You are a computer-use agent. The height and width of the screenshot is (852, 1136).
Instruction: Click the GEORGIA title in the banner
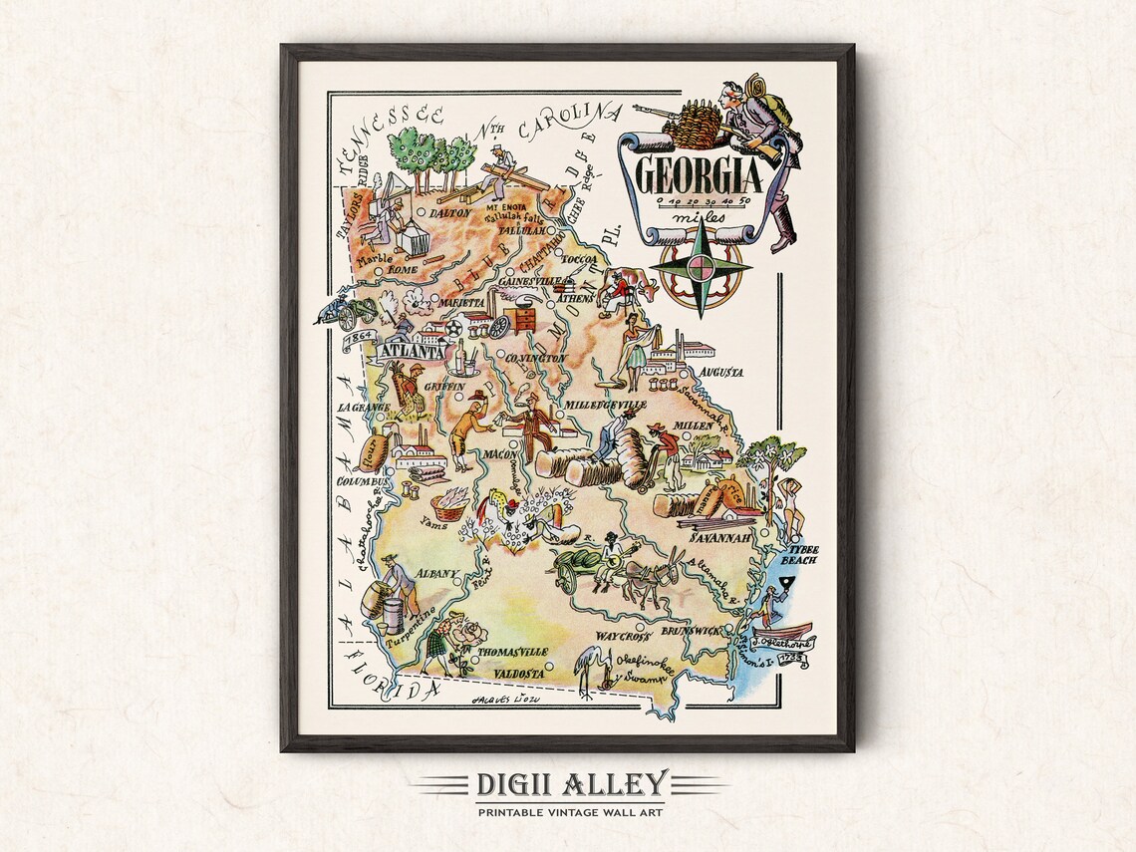(x=699, y=176)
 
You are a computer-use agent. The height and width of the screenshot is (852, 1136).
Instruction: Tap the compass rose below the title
(x=702, y=267)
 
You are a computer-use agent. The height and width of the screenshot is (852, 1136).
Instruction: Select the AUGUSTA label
(x=721, y=372)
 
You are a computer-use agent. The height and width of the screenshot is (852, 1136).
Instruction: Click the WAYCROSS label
(x=623, y=635)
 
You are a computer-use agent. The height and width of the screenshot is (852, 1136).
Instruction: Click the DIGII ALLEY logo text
(x=572, y=784)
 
